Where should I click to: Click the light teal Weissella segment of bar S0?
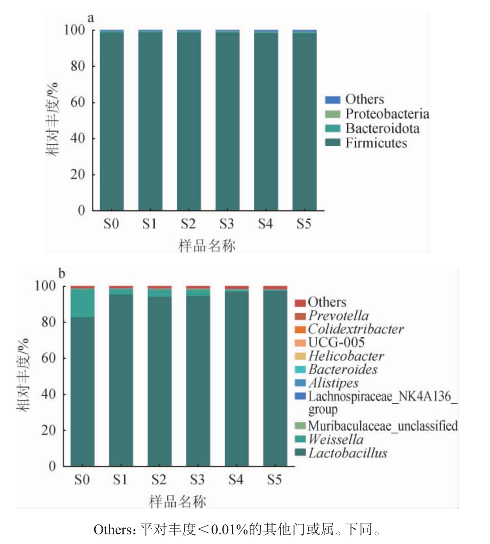(x=82, y=303)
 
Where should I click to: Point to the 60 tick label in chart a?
(x=78, y=102)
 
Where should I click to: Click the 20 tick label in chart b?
(x=48, y=430)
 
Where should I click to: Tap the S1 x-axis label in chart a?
(x=149, y=224)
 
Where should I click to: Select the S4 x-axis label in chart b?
(x=236, y=480)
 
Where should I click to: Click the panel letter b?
(x=62, y=274)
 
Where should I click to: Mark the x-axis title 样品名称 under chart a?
(x=207, y=245)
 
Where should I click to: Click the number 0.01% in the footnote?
(x=229, y=530)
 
